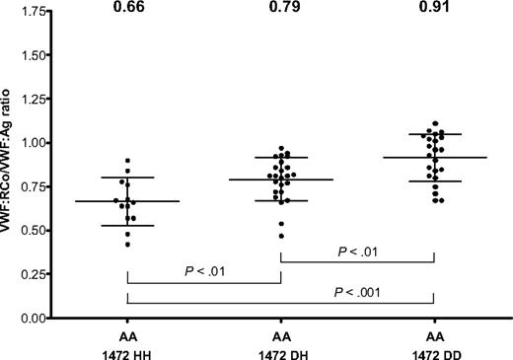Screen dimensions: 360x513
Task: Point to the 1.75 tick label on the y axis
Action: click(x=33, y=12)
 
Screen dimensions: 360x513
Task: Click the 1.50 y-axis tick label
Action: click(x=33, y=55)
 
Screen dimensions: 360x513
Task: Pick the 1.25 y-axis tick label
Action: click(x=33, y=100)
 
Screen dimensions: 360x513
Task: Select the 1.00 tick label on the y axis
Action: click(x=33, y=143)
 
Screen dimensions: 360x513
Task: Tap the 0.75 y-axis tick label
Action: click(x=33, y=187)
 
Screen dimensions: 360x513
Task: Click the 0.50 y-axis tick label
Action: click(x=33, y=231)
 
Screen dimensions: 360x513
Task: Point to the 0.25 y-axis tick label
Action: click(x=33, y=275)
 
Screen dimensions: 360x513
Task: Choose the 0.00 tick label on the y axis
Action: click(x=33, y=319)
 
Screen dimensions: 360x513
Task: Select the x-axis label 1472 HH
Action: click(x=127, y=351)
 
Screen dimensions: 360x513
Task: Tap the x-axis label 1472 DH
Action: click(x=280, y=351)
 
